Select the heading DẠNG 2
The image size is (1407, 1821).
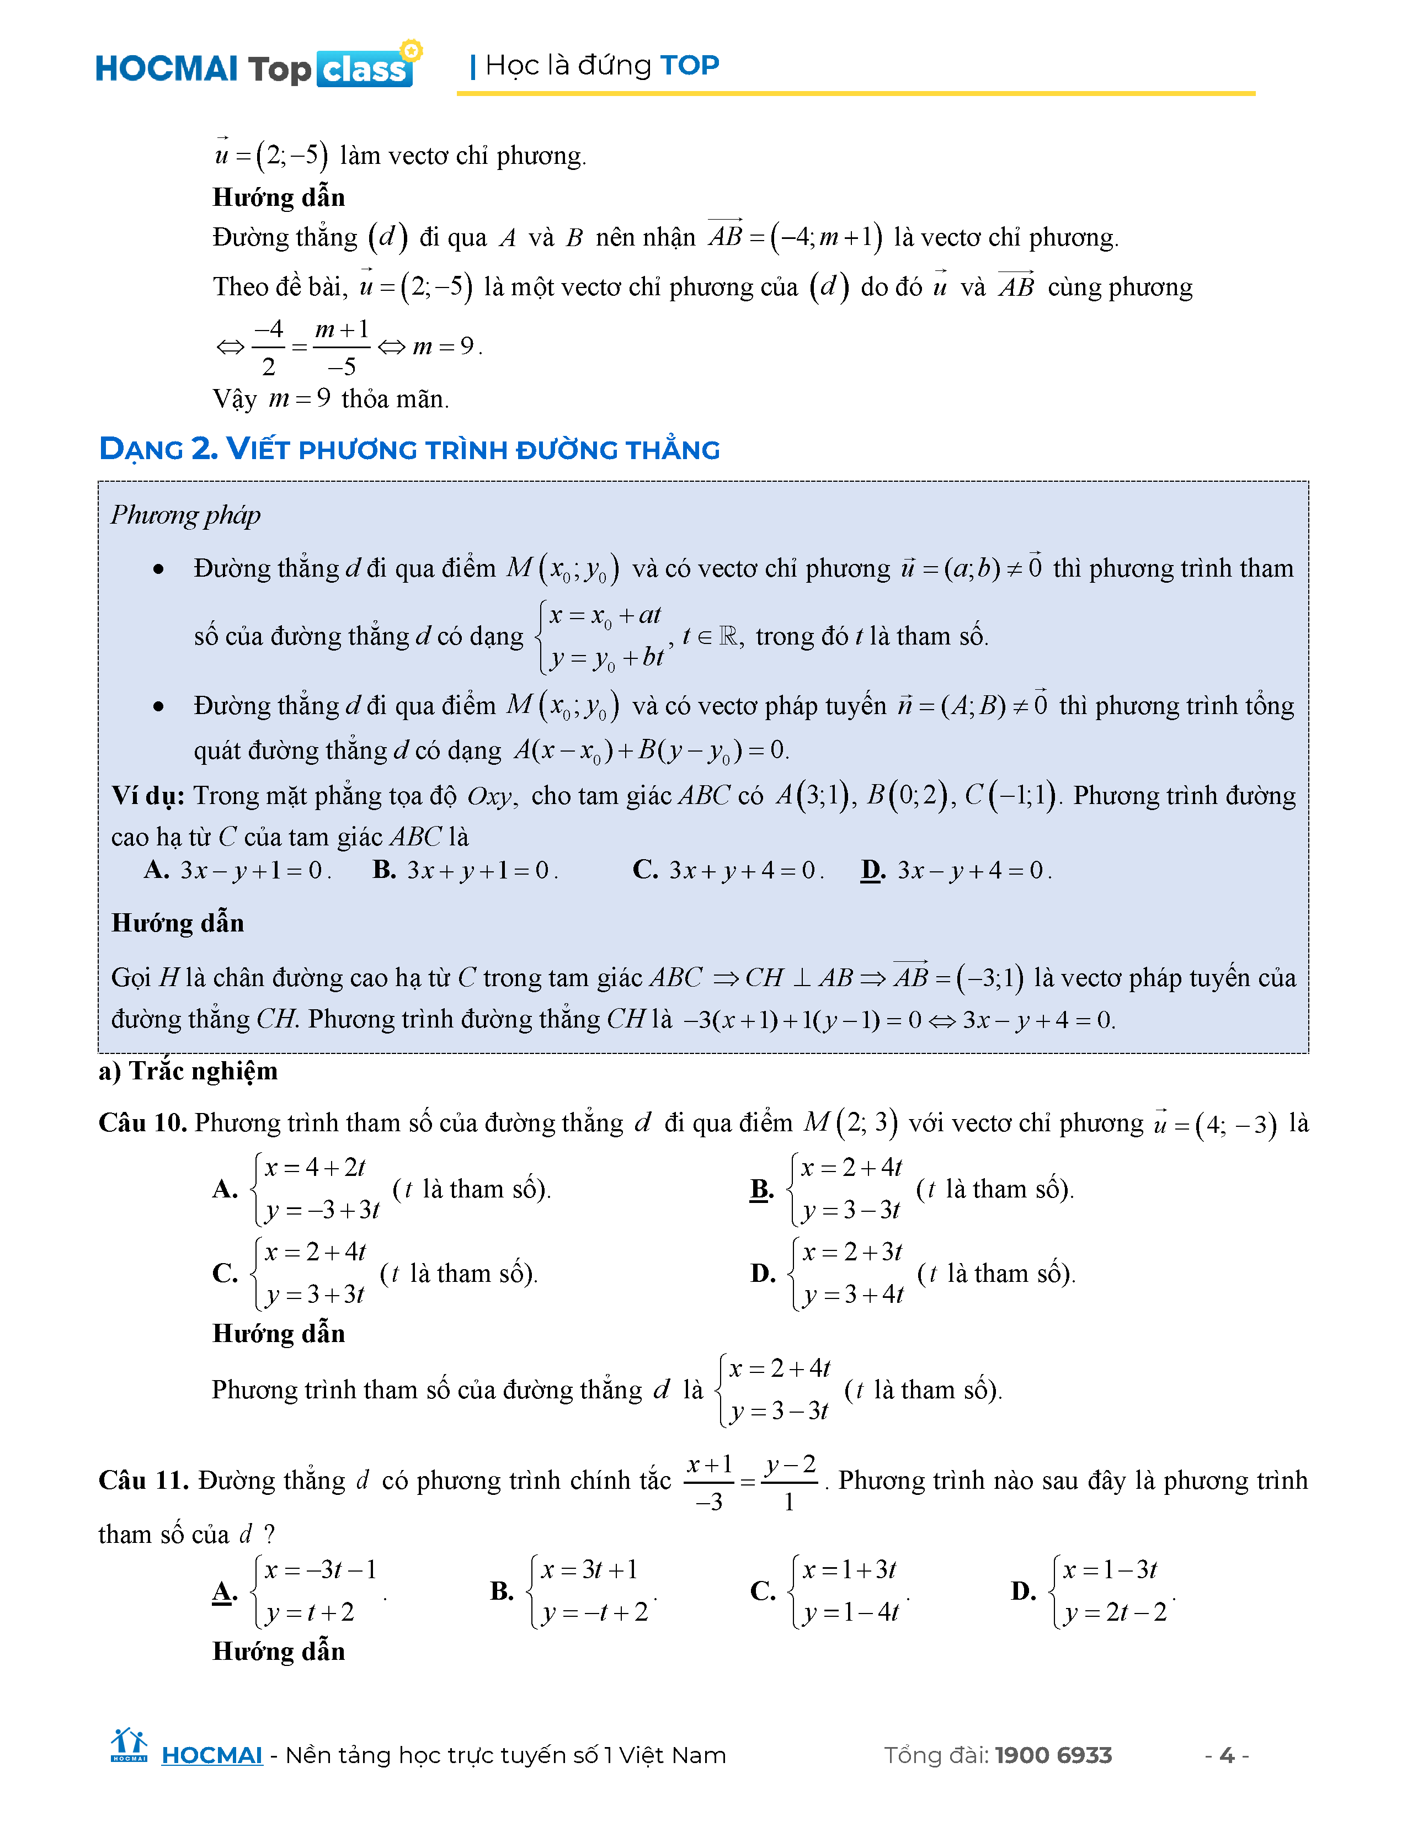(158, 449)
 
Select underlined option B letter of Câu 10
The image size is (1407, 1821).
(761, 1188)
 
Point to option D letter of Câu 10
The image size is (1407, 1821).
(763, 1273)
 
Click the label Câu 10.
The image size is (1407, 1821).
(142, 1122)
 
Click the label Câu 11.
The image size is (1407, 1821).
(143, 1480)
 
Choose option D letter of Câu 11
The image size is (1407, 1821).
(1023, 1591)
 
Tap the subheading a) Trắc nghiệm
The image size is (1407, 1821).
(188, 1071)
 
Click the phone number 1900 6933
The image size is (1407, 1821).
(1053, 1755)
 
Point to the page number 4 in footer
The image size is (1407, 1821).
(1226, 1755)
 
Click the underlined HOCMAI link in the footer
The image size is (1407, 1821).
(212, 1755)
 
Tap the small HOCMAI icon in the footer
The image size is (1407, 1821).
(129, 1745)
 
